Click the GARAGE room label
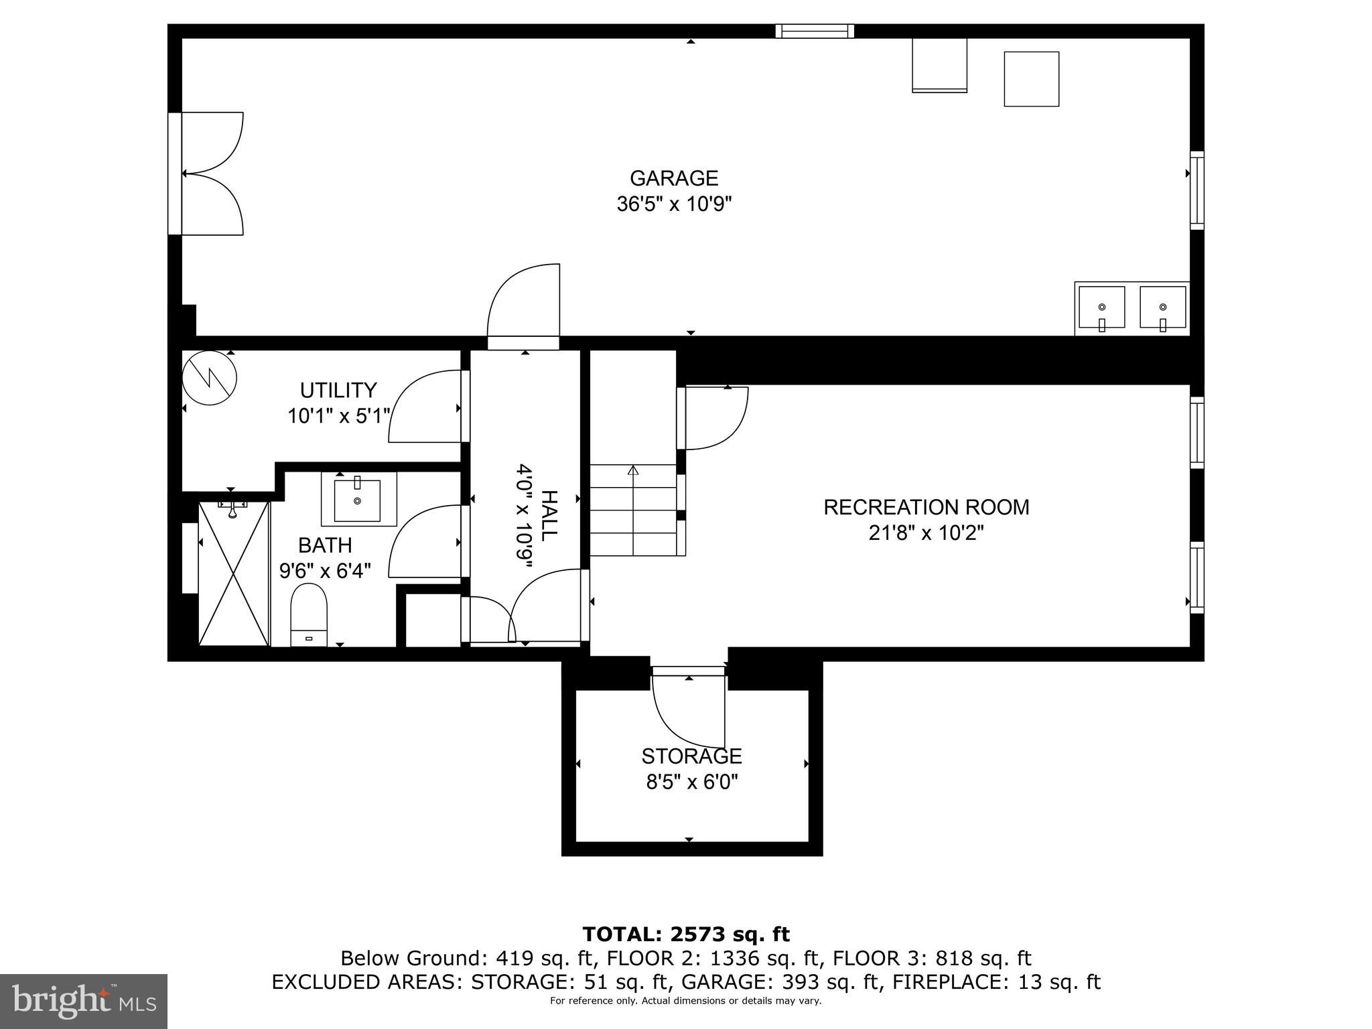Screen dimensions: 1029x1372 674,178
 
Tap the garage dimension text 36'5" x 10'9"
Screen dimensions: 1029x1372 674,204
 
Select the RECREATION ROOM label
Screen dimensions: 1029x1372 926,507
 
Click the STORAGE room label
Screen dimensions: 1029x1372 691,756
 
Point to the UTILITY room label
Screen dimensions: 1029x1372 338,390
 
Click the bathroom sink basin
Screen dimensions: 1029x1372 357,499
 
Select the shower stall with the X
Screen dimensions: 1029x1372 234,573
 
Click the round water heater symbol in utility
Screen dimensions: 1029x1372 210,378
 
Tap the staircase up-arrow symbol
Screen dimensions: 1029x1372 632,470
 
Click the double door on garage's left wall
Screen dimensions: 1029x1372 208,174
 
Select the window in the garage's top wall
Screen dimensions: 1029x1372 815,31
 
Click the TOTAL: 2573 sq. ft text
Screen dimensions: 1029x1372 686,934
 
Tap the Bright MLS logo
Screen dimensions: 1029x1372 83,1001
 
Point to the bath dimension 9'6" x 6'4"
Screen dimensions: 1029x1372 325,571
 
